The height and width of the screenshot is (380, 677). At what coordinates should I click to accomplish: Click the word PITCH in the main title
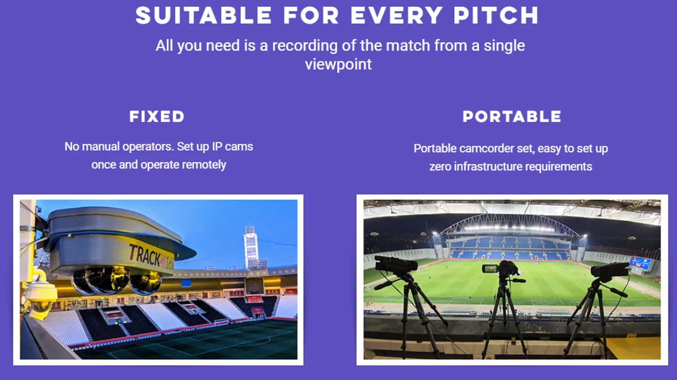(x=496, y=15)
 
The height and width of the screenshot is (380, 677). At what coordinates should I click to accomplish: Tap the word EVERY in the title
(x=396, y=15)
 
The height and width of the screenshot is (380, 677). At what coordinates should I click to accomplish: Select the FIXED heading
(x=157, y=117)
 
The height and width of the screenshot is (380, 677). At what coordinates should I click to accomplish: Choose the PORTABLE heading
(x=511, y=117)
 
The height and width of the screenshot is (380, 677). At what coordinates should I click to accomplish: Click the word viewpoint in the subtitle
(x=338, y=64)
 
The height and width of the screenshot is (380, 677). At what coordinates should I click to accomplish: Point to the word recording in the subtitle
(x=305, y=46)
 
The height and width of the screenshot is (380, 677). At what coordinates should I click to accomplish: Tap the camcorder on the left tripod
(x=396, y=265)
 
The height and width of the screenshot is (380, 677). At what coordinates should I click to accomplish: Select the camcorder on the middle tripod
(x=501, y=268)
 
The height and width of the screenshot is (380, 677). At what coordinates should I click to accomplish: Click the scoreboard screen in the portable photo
(x=640, y=263)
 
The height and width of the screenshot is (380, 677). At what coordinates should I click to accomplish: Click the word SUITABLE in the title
(x=204, y=15)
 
